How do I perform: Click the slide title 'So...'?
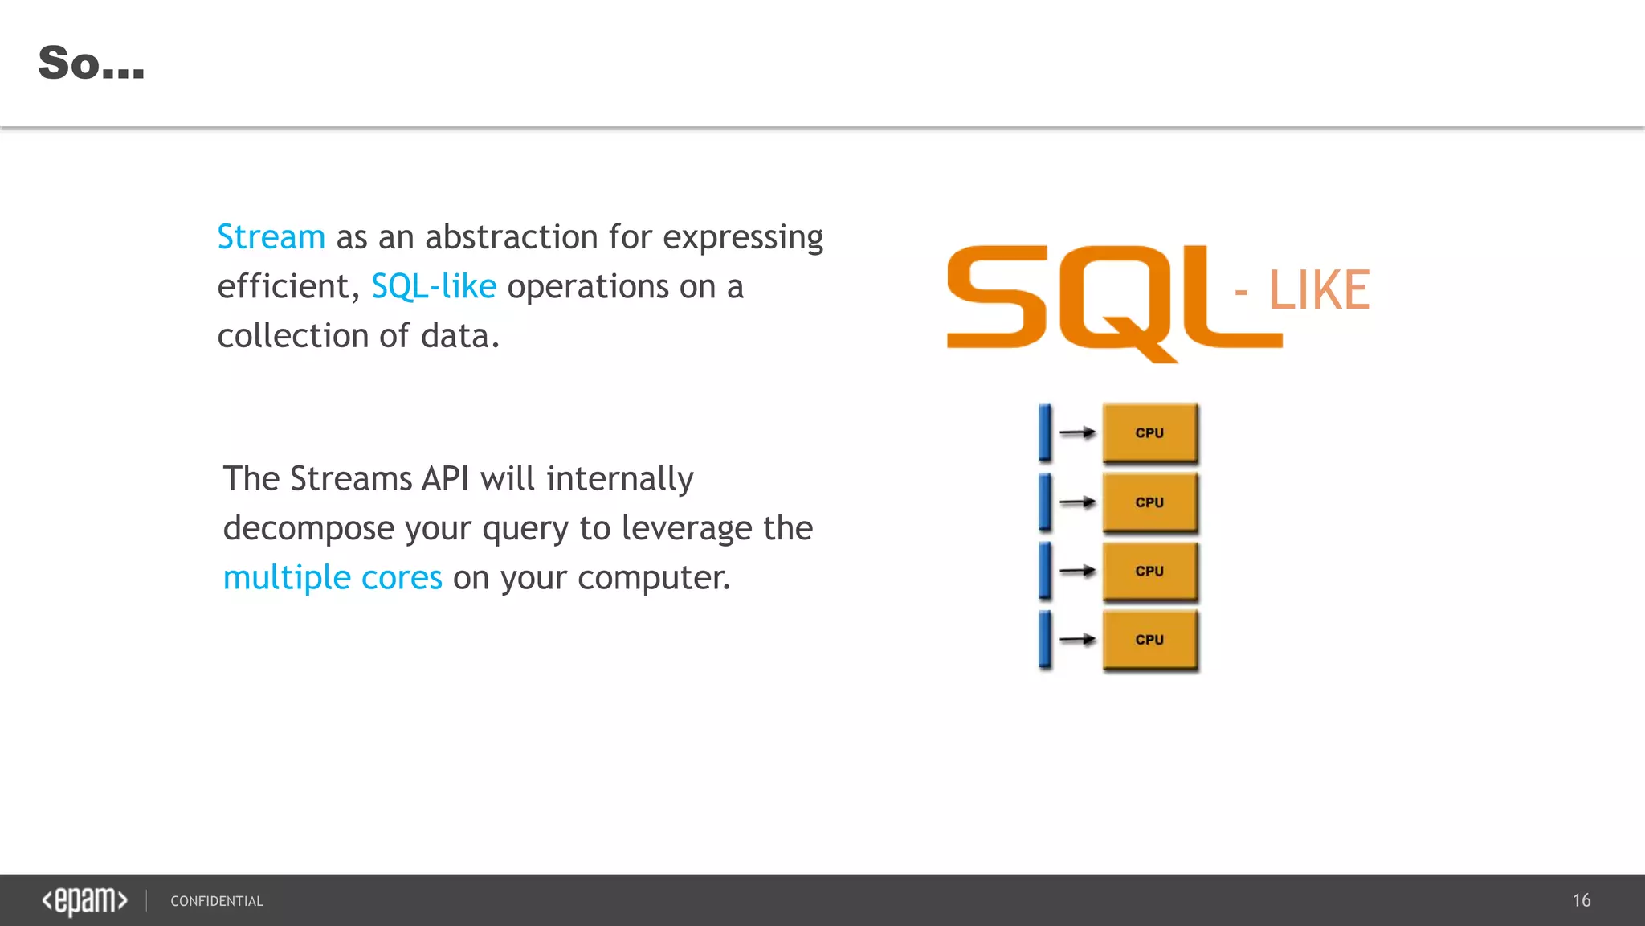[92, 64]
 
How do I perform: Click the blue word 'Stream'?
[271, 237]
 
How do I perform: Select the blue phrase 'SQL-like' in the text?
[434, 287]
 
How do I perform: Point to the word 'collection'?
[293, 336]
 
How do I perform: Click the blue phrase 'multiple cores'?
[333, 578]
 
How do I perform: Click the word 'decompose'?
[308, 529]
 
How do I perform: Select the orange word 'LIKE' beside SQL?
[1319, 290]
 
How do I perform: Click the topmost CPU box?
[1149, 433]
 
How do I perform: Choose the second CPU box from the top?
[1149, 502]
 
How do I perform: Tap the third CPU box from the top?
[1149, 572]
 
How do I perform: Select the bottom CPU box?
[1149, 640]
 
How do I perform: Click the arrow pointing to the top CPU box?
[1077, 433]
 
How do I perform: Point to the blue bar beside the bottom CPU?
[1044, 640]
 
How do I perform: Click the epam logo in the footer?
[84, 901]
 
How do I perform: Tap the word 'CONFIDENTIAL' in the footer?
[217, 902]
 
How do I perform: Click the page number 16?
[1581, 900]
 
